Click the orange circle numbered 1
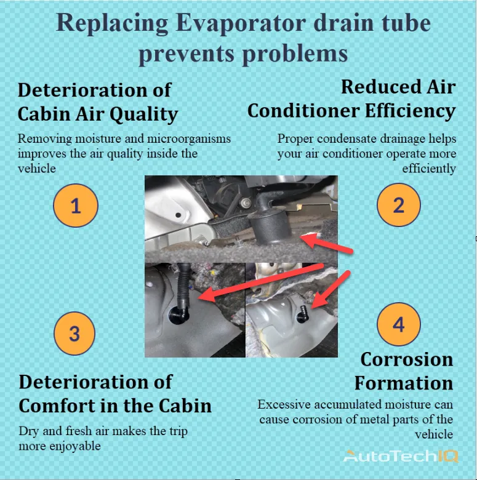75,206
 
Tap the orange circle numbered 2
399,206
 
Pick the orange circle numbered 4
399,324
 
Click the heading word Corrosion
407,359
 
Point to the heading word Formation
404,383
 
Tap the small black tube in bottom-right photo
302,311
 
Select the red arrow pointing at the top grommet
330,244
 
